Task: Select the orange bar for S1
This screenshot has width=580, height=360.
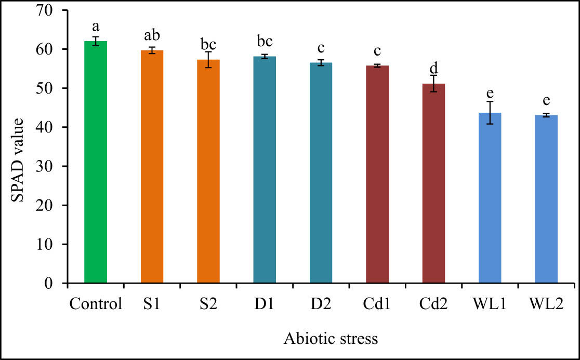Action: pos(152,167)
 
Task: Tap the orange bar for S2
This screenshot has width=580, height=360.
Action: pos(208,171)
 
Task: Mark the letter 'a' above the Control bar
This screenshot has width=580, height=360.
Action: pos(96,26)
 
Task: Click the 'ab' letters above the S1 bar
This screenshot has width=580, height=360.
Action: pos(152,35)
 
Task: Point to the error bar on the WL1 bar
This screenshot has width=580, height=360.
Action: pos(490,112)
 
